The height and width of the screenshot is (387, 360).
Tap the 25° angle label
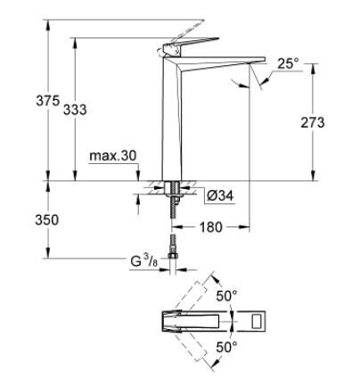288,63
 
